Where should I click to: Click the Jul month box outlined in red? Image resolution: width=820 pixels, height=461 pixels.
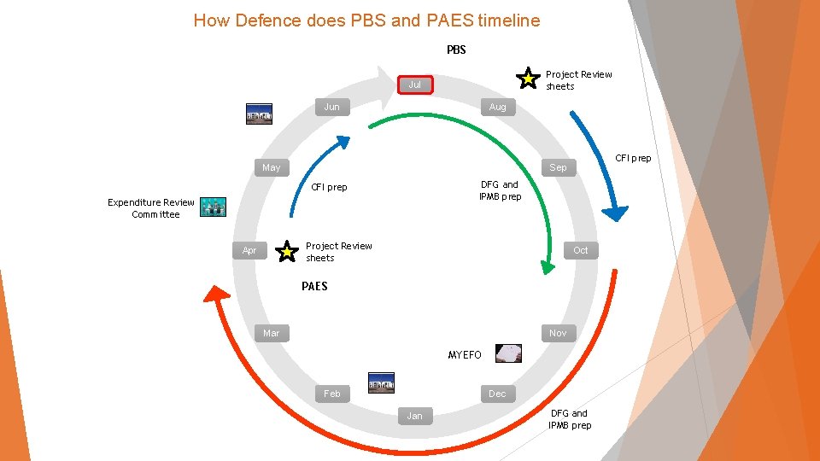point(414,85)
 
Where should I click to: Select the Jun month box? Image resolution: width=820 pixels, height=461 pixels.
point(331,107)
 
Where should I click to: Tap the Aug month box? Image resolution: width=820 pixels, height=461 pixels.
point(497,107)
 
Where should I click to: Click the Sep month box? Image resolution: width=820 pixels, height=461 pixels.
point(558,167)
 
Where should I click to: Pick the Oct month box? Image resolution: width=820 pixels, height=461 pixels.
point(581,250)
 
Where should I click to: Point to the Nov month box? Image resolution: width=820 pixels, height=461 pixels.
point(558,333)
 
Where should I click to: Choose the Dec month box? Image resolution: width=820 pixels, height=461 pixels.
point(497,394)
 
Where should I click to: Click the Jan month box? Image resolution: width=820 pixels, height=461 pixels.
point(414,416)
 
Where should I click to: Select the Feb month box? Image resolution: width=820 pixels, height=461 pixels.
point(331,394)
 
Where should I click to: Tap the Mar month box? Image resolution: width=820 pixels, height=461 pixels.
point(271,333)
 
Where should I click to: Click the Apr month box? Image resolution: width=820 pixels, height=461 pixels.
point(249,250)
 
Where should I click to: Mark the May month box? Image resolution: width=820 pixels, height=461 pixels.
point(271,167)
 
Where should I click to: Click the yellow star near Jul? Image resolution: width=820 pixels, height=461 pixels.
point(530,79)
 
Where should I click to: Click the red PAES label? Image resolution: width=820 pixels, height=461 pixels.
point(314,286)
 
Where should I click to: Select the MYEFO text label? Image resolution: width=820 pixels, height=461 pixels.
point(465,354)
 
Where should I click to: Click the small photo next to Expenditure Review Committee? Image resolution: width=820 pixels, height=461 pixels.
point(213,207)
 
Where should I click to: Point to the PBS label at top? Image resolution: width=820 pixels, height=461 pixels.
point(456,50)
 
